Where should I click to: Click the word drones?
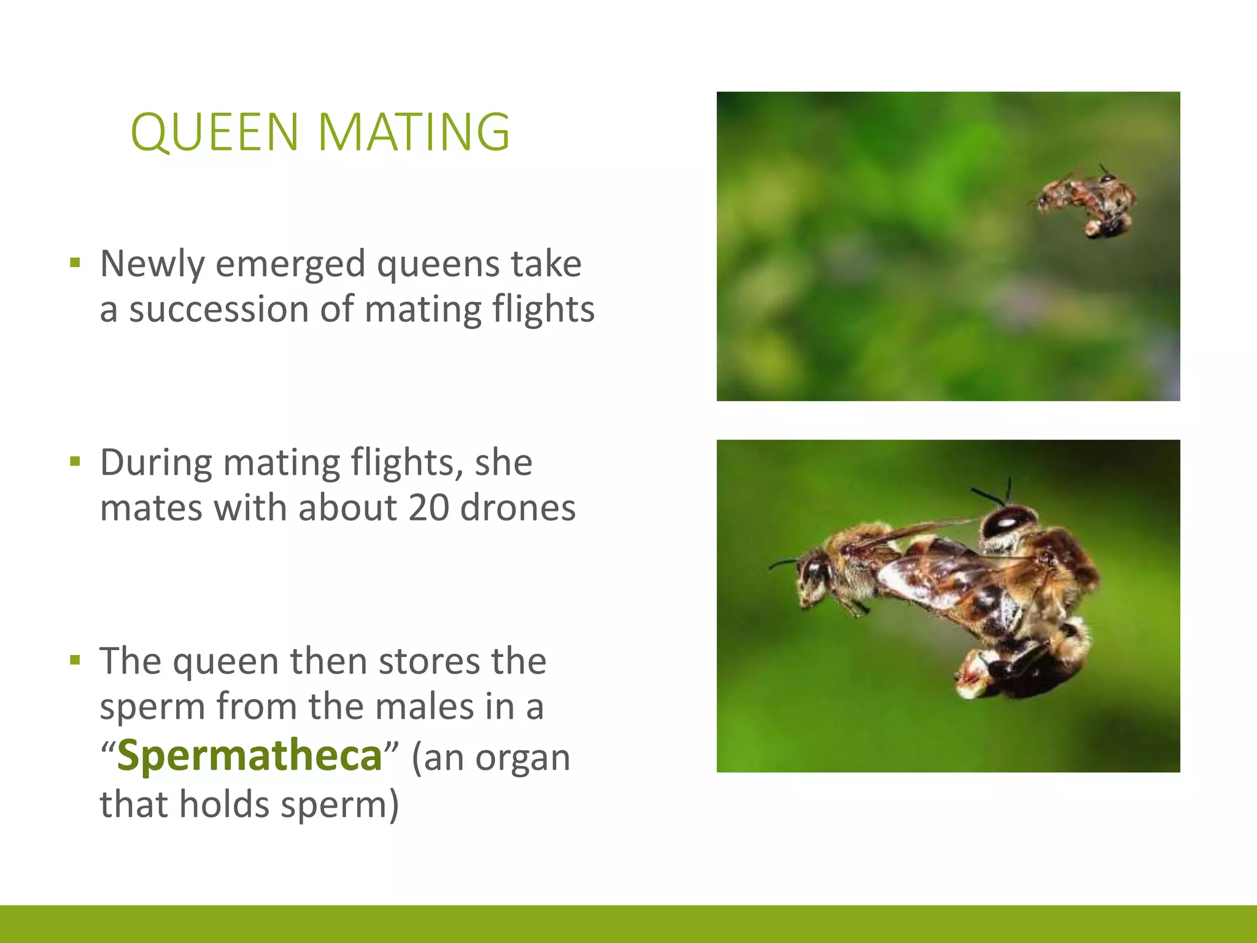518,508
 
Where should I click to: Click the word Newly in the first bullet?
152,264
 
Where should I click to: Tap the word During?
156,462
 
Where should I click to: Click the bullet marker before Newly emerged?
75,264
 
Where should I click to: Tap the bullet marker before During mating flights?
75,462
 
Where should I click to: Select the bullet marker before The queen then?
75,661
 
